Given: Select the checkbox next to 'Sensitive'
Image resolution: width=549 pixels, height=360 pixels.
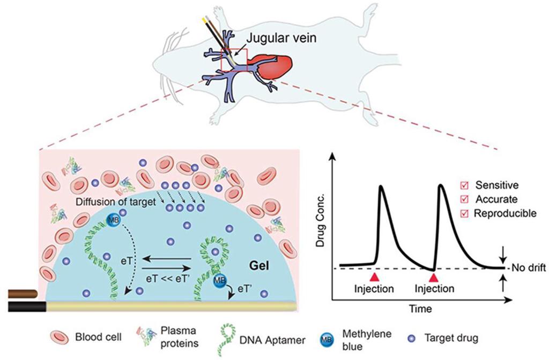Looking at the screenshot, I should pos(465,185).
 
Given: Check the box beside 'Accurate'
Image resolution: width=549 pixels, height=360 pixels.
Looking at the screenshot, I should pos(465,199).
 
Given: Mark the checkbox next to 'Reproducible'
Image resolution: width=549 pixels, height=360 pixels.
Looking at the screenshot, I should pos(465,213).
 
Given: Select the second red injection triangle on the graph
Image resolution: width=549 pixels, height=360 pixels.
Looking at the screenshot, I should pos(435,276).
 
